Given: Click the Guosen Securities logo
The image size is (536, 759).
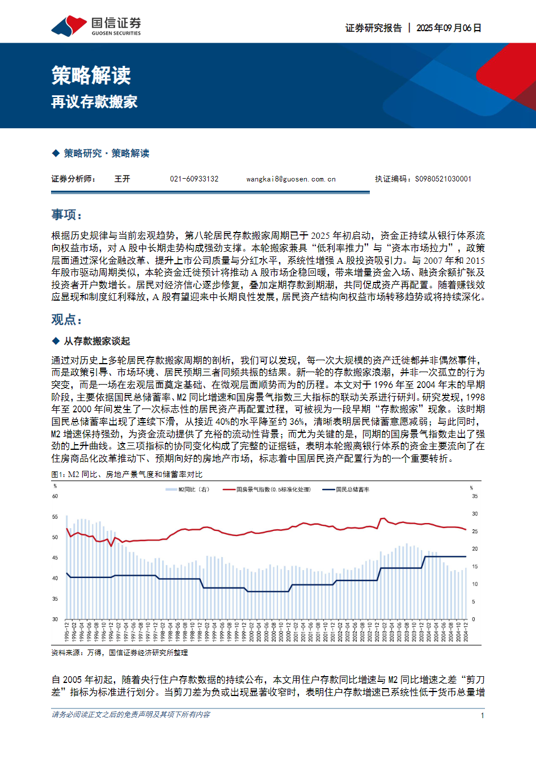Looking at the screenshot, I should click(96, 26).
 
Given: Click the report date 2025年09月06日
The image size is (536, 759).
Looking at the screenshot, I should click(449, 28).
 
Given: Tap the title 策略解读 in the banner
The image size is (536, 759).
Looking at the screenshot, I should click(91, 75).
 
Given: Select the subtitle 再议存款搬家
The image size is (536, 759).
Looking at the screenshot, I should click(94, 102).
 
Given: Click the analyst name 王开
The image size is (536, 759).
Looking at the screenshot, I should click(122, 179).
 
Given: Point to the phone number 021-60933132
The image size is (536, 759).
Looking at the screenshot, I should click(194, 179).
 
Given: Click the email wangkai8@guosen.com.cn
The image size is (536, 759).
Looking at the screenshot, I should click(291, 179).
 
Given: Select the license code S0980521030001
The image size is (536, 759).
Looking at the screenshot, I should click(443, 179).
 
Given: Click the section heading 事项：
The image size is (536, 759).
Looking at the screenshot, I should click(67, 215).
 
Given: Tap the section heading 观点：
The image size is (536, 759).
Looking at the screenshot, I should click(67, 320).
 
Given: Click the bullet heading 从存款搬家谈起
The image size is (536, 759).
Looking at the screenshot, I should click(96, 341).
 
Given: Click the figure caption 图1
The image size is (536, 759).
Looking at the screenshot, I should click(126, 474).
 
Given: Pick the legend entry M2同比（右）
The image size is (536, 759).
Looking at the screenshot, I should click(193, 490).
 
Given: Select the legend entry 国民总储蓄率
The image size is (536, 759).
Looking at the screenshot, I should click(352, 490).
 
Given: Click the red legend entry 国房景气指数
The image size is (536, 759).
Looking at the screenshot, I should click(273, 490).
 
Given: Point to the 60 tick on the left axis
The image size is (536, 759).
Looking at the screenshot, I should click(55, 496).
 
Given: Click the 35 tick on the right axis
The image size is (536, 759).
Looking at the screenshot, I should click(475, 496).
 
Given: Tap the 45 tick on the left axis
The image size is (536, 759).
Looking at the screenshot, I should click(55, 558).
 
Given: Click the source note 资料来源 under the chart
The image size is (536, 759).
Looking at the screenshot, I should click(119, 653).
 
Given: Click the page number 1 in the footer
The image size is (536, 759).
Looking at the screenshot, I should click(482, 715).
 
